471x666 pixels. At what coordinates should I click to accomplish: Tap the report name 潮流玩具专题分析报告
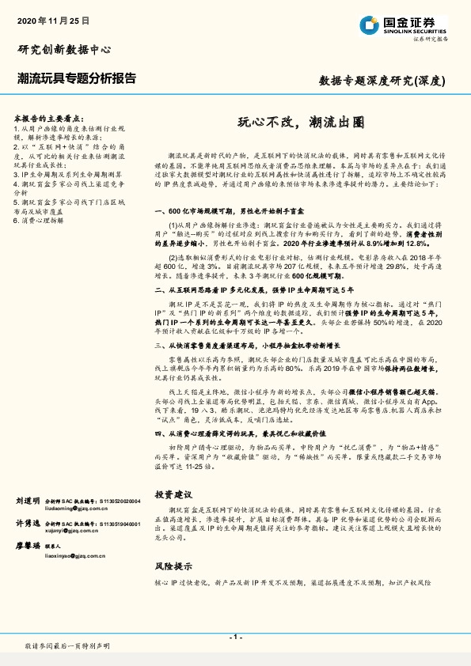[77, 78]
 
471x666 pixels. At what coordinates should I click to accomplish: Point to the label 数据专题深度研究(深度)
[382, 80]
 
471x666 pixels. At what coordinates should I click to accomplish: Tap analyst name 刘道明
[27, 501]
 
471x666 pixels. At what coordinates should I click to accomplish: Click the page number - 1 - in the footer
[235, 637]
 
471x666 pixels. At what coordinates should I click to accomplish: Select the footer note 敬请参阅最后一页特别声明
[67, 647]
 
